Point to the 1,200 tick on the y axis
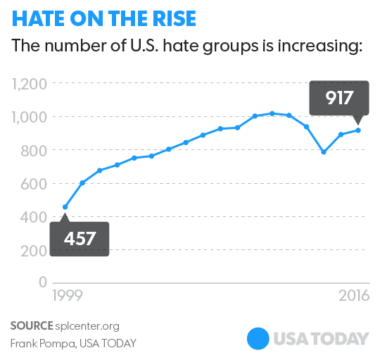(29, 85)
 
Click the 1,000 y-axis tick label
(29, 118)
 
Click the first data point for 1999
(65, 207)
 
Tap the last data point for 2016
(358, 130)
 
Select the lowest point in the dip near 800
(324, 151)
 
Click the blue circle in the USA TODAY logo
(258, 339)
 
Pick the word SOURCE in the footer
(31, 325)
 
